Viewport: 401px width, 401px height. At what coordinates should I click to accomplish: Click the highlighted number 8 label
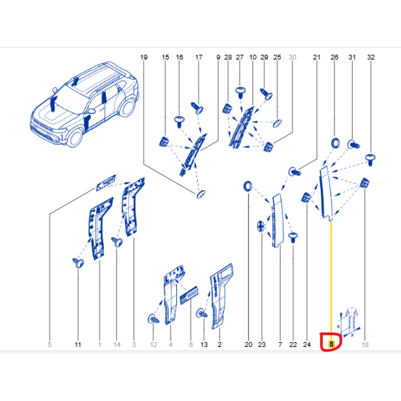tap(331, 344)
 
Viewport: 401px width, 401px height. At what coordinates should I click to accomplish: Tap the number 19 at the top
tap(144, 57)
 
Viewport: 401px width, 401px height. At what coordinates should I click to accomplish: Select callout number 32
tap(370, 57)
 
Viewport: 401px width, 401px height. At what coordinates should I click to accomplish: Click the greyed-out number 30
tap(292, 57)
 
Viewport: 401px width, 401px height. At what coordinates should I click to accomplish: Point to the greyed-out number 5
tap(50, 344)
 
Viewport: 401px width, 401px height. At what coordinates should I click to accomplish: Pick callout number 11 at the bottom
tap(78, 344)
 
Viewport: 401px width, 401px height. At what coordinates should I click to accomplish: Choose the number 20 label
tap(248, 344)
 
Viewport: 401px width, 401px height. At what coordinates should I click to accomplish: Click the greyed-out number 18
tap(365, 344)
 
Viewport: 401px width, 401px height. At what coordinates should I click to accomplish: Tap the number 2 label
tap(220, 344)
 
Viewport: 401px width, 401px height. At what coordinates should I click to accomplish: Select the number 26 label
tap(334, 57)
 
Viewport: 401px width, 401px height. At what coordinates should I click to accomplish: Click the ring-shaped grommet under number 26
tap(335, 143)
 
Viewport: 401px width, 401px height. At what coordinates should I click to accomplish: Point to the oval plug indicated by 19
tap(201, 194)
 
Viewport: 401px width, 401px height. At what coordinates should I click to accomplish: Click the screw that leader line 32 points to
tap(370, 159)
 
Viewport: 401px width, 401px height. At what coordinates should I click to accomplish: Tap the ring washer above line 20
tap(248, 186)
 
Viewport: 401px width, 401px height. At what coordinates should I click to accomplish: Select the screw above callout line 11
tap(78, 263)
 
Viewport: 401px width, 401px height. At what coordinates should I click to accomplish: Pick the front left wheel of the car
tap(75, 137)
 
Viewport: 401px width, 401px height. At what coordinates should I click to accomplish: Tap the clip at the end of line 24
tap(306, 197)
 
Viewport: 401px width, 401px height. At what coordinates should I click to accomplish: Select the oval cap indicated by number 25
tap(277, 123)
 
